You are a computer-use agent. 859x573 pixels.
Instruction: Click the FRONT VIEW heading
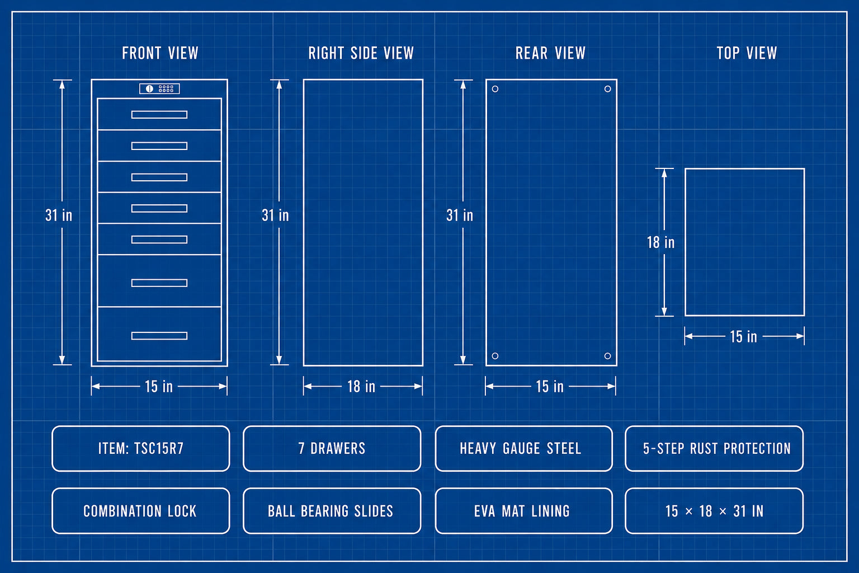160,53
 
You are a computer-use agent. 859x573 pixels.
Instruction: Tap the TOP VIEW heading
747,53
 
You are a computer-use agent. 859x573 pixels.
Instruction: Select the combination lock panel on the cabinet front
159,88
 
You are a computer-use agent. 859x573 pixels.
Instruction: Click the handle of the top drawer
159,115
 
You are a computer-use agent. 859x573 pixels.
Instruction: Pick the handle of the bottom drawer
159,336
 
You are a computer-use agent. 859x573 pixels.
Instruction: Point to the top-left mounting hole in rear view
495,89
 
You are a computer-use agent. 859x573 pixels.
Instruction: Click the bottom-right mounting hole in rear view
607,356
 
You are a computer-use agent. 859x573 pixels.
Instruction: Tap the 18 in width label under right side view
361,387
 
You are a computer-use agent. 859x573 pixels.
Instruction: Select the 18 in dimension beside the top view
660,242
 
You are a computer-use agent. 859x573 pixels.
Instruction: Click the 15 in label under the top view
743,337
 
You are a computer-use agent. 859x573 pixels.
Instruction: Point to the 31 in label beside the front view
59,215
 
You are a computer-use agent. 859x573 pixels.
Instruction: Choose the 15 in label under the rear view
550,387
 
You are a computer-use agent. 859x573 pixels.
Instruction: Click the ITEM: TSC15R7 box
141,448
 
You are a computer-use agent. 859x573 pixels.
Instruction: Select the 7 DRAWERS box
332,448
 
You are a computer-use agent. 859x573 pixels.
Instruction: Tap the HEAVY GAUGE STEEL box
524,448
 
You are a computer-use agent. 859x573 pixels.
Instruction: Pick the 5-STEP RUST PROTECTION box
714,448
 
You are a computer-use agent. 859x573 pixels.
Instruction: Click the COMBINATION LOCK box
141,511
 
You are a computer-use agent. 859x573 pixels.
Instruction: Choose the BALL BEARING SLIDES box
332,511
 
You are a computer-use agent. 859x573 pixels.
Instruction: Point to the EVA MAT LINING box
524,511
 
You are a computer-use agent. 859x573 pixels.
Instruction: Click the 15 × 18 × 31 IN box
714,511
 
